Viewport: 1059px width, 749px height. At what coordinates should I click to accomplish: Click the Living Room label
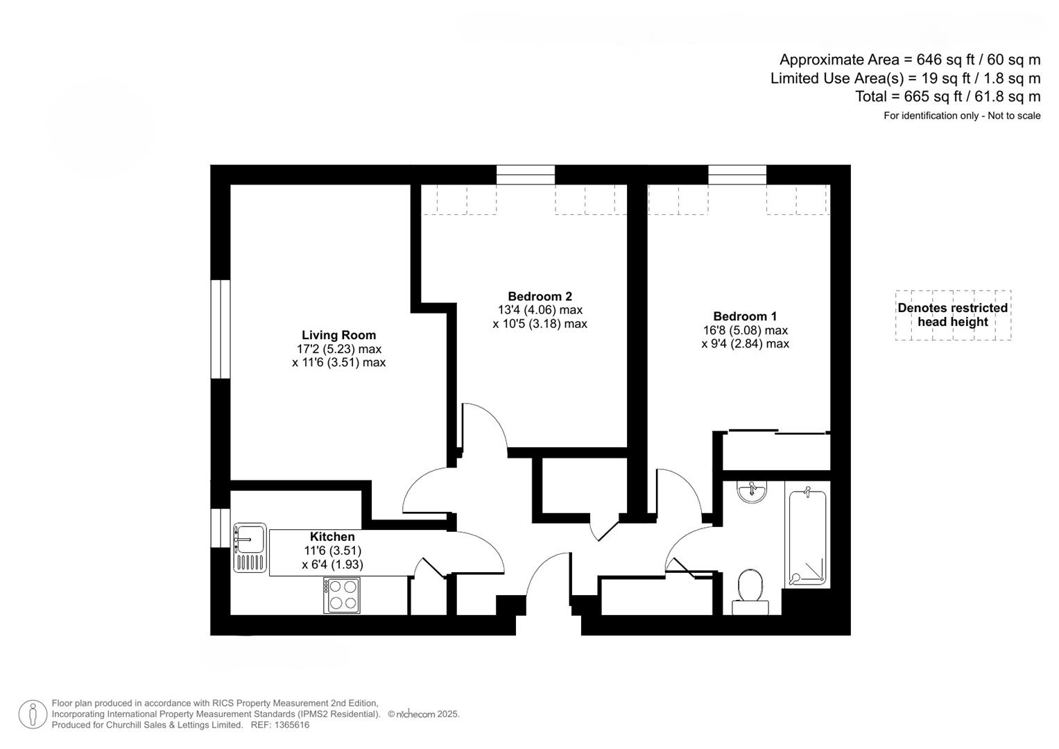click(x=338, y=335)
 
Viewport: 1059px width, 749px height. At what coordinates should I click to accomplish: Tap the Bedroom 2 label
click(x=540, y=296)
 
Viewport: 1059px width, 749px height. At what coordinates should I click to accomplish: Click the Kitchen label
click(x=332, y=537)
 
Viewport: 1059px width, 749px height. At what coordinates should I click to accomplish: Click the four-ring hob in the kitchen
click(x=341, y=596)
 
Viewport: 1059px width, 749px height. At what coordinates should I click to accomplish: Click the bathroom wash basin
click(x=752, y=492)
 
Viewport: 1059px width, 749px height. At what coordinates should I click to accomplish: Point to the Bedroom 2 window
click(x=526, y=175)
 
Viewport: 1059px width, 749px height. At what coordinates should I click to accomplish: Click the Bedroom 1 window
click(x=737, y=175)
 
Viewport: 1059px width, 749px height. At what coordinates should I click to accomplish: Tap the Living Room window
click(x=220, y=329)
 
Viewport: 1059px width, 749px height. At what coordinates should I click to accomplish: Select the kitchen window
click(x=220, y=528)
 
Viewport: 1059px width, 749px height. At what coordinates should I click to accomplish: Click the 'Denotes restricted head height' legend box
click(x=952, y=315)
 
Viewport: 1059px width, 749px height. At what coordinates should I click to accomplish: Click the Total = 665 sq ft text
click(x=947, y=96)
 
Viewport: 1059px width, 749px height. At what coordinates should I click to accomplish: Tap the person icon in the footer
click(x=33, y=714)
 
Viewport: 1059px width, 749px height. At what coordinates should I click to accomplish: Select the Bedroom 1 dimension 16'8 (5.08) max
click(x=745, y=330)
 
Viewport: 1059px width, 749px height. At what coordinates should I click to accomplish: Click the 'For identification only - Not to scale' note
click(x=961, y=116)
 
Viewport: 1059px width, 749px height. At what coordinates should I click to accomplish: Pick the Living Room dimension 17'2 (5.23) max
click(x=338, y=349)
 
